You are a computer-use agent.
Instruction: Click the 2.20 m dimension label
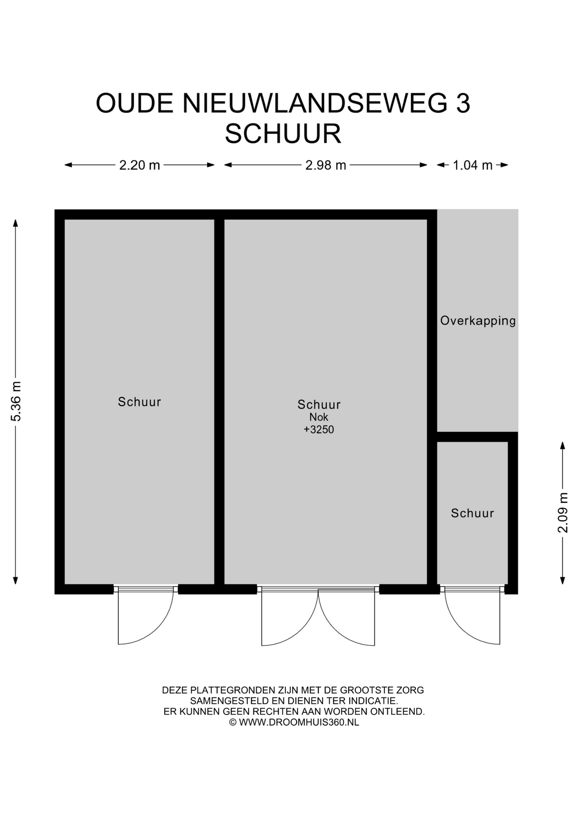click(x=139, y=165)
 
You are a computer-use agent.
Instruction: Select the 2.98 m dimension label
click(x=326, y=165)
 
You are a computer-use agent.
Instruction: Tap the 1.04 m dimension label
click(x=472, y=165)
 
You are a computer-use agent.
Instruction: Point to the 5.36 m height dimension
click(x=16, y=401)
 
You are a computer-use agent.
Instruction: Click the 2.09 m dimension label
click(x=563, y=513)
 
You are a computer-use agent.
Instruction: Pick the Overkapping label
click(x=478, y=321)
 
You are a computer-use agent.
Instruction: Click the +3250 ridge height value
click(x=319, y=429)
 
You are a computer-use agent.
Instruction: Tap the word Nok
click(x=319, y=417)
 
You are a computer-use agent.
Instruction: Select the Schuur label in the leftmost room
click(x=140, y=402)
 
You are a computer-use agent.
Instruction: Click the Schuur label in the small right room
click(x=472, y=513)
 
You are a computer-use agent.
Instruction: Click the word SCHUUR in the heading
click(x=283, y=134)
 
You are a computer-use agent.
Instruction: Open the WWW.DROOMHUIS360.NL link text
click(x=299, y=722)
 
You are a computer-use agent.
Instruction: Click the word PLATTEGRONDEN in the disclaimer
click(x=233, y=690)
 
